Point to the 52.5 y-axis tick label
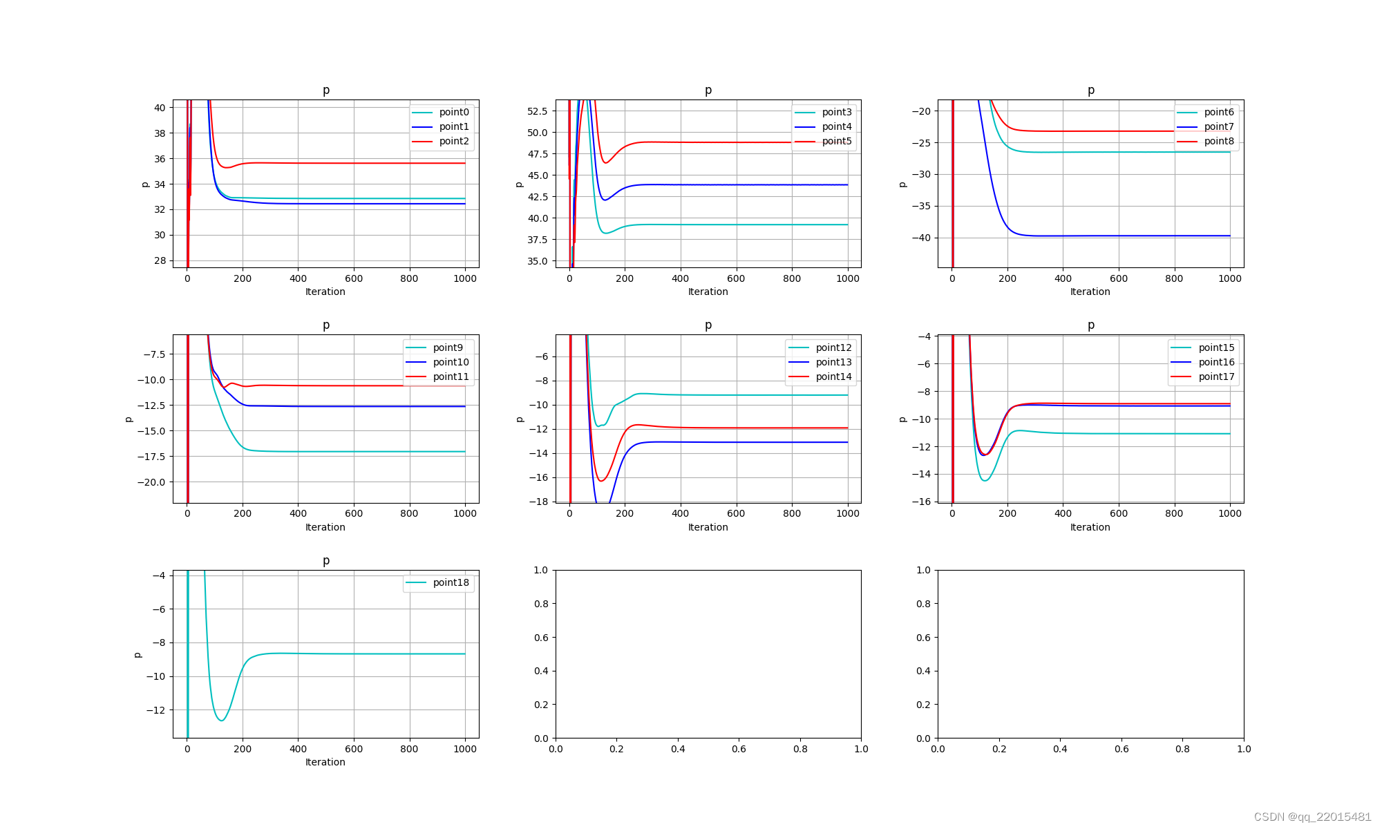(x=537, y=111)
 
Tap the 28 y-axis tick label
(x=160, y=260)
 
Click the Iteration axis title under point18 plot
(x=325, y=762)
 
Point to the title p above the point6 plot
(x=1090, y=90)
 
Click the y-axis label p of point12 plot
(x=520, y=419)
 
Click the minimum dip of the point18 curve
(x=221, y=721)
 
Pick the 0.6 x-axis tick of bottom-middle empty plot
(x=739, y=749)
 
